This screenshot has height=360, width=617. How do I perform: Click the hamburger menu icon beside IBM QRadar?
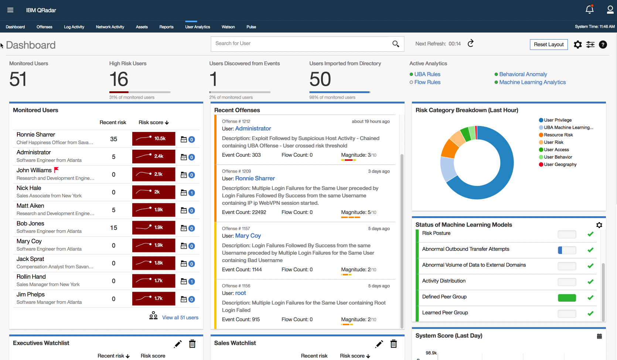[10, 10]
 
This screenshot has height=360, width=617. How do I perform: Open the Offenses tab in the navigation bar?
[44, 27]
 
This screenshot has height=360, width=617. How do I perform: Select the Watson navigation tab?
[228, 27]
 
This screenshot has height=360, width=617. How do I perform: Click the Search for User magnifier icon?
[396, 44]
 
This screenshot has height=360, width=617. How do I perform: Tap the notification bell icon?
[590, 10]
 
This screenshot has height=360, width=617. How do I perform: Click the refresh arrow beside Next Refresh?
[470, 44]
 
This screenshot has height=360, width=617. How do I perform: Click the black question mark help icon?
[603, 45]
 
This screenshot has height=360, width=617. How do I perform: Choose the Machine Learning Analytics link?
[532, 82]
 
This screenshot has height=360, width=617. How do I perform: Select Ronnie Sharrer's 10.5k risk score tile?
[154, 139]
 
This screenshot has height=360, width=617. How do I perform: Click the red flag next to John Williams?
[57, 170]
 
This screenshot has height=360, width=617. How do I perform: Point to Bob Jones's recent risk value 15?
[113, 228]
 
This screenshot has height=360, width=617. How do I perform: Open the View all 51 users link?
[180, 317]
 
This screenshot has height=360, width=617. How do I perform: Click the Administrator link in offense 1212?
[253, 129]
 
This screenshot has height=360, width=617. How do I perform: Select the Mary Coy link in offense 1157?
[248, 236]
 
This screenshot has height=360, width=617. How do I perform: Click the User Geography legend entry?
[560, 164]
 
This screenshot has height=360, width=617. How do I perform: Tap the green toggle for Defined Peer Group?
[567, 298]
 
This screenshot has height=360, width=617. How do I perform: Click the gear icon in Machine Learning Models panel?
[599, 225]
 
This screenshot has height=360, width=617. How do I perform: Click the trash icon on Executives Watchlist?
[192, 344]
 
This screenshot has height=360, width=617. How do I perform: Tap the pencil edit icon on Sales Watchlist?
[379, 344]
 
